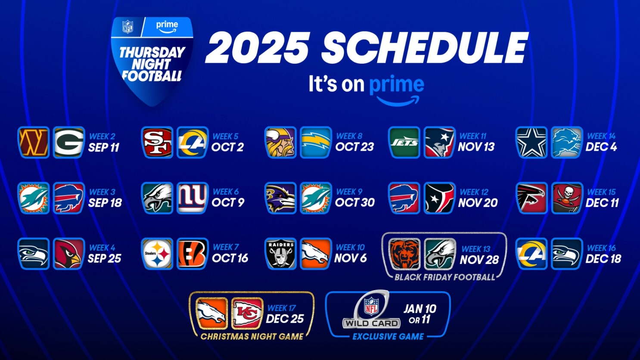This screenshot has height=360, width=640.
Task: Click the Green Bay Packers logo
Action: (69, 143)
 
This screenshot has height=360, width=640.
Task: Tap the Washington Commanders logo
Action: (34, 143)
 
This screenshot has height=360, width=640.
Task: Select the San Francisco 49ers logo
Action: (157, 143)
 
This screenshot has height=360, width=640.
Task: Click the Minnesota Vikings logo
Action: (280, 143)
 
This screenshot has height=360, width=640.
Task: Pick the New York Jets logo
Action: (404, 143)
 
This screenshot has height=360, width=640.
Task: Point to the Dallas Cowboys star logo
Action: (531, 143)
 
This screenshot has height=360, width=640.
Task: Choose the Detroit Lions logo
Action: (567, 143)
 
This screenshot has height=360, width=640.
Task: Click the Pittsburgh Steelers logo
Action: (157, 254)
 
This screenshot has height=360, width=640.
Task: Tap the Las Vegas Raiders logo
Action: (280, 254)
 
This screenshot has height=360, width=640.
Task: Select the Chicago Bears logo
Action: (404, 254)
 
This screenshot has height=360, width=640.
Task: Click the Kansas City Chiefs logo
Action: (247, 313)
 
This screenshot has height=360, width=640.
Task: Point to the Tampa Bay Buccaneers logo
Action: (567, 198)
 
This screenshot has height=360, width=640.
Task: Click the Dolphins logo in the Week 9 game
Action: (316, 198)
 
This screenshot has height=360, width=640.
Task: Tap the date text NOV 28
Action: (479, 260)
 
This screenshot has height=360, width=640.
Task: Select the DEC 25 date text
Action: (285, 319)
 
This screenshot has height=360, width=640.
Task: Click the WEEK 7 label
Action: (226, 247)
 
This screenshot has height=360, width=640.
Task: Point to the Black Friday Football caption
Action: (444, 277)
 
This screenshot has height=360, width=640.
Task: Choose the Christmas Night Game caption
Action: (252, 336)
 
